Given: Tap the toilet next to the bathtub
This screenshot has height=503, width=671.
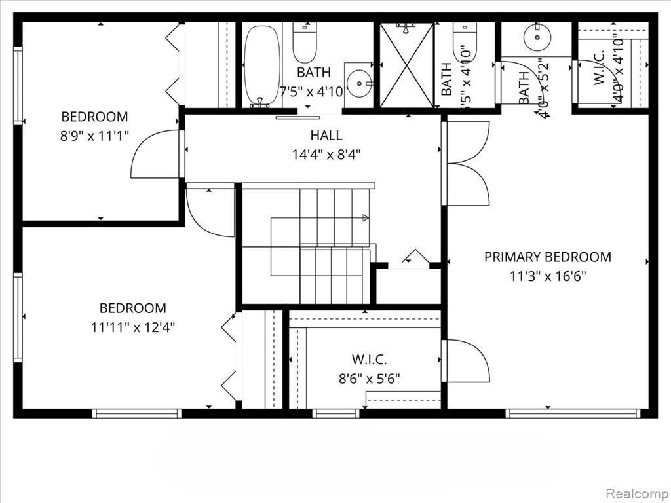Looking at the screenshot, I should click(x=305, y=43).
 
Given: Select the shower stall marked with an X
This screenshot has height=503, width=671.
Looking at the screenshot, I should click(x=406, y=65).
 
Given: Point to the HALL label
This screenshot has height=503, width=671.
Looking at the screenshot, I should click(x=326, y=136).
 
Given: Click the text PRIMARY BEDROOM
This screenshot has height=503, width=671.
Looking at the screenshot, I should click(x=547, y=257).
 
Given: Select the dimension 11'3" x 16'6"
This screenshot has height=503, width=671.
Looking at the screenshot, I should click(x=547, y=276).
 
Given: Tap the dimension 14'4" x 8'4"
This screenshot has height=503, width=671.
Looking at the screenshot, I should click(x=326, y=155).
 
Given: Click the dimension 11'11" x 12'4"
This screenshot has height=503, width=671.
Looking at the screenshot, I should click(x=132, y=327).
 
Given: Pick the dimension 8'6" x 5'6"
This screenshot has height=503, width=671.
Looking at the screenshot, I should click(x=369, y=378).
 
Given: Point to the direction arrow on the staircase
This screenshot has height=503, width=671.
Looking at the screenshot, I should click(x=364, y=217).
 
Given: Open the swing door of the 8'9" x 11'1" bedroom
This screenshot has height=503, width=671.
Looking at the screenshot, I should click(x=156, y=155).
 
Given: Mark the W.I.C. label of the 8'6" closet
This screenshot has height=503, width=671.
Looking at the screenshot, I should click(x=369, y=359).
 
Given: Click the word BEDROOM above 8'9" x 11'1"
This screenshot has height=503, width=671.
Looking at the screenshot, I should click(x=94, y=117).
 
